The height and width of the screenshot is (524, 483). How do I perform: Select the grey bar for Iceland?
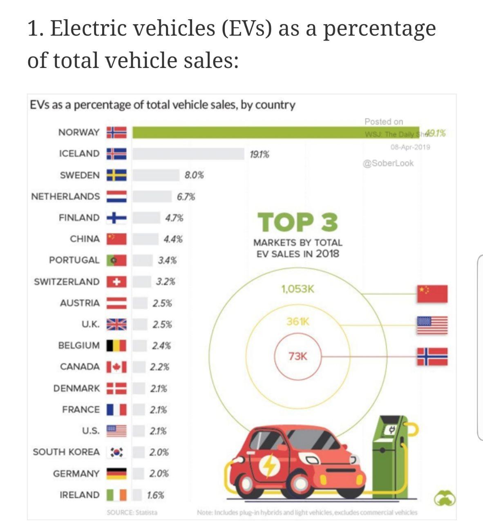188,154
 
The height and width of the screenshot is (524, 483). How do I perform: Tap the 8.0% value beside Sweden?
194,175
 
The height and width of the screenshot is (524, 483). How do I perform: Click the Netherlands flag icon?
116,196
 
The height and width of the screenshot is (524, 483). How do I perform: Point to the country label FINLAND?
79,217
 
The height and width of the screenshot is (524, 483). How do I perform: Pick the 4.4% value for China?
173,239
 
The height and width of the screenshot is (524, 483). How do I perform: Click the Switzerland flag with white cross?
116,282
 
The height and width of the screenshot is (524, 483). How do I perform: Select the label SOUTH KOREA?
66,452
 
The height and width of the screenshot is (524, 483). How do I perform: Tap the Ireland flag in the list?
116,495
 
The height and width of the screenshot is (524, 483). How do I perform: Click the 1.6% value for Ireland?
156,495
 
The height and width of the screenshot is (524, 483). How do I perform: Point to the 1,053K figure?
297,289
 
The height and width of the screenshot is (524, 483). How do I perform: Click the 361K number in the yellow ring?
298,322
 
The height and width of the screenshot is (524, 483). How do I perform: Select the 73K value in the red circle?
297,356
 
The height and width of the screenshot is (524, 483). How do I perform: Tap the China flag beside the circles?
432,294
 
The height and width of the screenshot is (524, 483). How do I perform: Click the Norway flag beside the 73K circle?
432,356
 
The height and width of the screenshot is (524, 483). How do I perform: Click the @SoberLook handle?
388,163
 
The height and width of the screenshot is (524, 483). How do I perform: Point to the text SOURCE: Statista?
132,512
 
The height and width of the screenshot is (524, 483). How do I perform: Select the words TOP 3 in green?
297,222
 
